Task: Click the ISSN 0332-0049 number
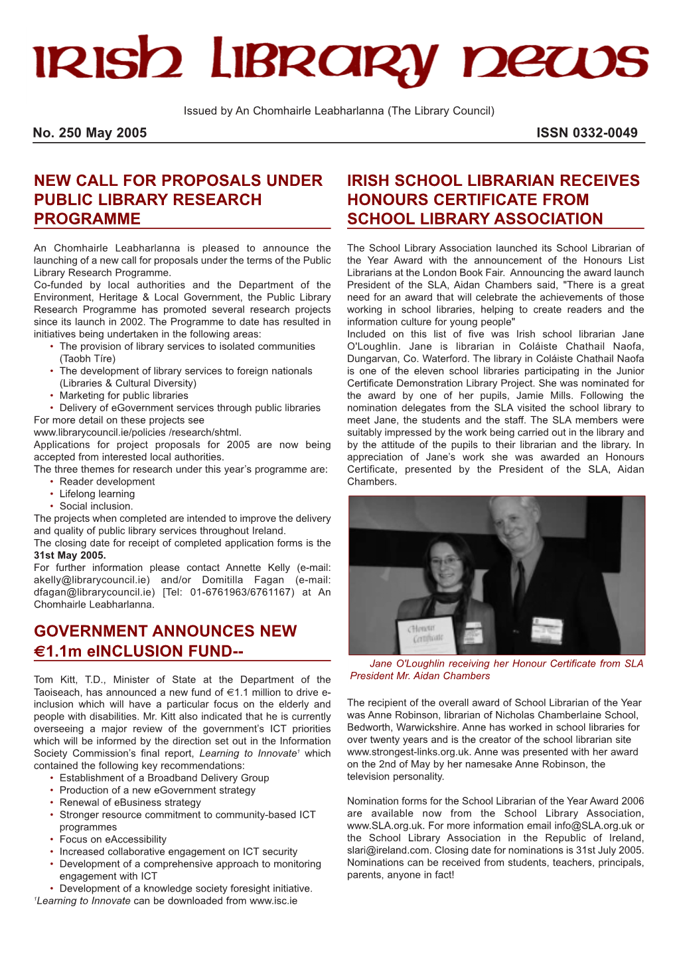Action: [x=587, y=133]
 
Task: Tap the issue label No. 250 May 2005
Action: [x=90, y=133]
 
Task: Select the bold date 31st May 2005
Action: [x=70, y=556]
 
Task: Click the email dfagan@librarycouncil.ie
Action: [x=94, y=592]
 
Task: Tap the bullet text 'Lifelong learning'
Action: [x=97, y=494]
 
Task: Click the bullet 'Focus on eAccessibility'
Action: [x=113, y=840]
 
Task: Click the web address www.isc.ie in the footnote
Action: [x=273, y=901]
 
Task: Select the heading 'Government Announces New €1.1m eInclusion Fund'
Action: [x=165, y=641]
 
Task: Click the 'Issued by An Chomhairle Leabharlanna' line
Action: [x=338, y=111]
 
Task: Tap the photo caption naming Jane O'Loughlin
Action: [x=496, y=669]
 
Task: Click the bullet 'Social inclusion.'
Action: [x=96, y=507]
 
